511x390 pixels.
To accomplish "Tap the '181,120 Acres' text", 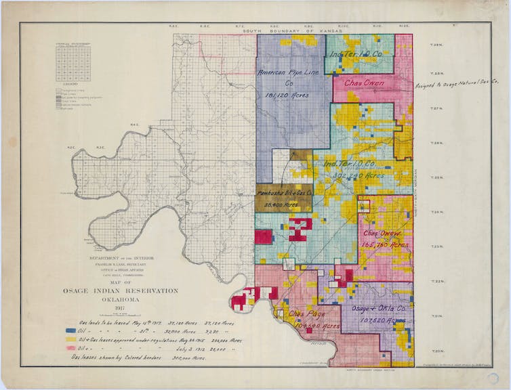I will (x=287, y=95).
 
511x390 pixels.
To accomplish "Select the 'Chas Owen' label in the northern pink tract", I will (x=365, y=83).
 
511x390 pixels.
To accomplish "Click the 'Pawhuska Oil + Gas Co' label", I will (x=284, y=194).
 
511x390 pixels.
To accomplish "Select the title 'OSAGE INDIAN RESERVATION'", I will (x=135, y=290).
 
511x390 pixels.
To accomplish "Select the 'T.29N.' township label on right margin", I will (x=436, y=45).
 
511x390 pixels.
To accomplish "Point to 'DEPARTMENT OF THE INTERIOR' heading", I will (x=135, y=259).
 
